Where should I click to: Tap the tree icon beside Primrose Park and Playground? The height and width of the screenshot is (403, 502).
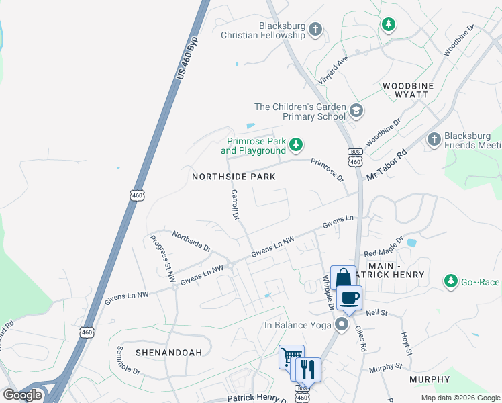pyautogui.click(x=295, y=144)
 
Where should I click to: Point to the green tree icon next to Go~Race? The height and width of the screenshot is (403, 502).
pyautogui.click(x=452, y=281)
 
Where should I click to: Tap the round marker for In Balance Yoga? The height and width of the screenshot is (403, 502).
pyautogui.click(x=342, y=326)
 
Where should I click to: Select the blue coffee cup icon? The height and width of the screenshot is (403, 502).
pyautogui.click(x=348, y=298)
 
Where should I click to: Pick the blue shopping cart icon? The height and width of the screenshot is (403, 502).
pyautogui.click(x=291, y=357)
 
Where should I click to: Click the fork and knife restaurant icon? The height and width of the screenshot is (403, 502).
pyautogui.click(x=308, y=369)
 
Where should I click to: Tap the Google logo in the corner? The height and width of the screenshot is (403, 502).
pyautogui.click(x=23, y=394)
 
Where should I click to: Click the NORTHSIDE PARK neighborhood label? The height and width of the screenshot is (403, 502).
pyautogui.click(x=234, y=177)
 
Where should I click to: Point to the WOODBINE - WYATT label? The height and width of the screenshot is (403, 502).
pyautogui.click(x=405, y=91)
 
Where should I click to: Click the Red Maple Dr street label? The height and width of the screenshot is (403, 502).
pyautogui.click(x=383, y=247)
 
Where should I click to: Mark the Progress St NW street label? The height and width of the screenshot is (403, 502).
pyautogui.click(x=162, y=259)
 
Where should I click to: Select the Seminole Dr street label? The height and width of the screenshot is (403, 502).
pyautogui.click(x=128, y=360)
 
